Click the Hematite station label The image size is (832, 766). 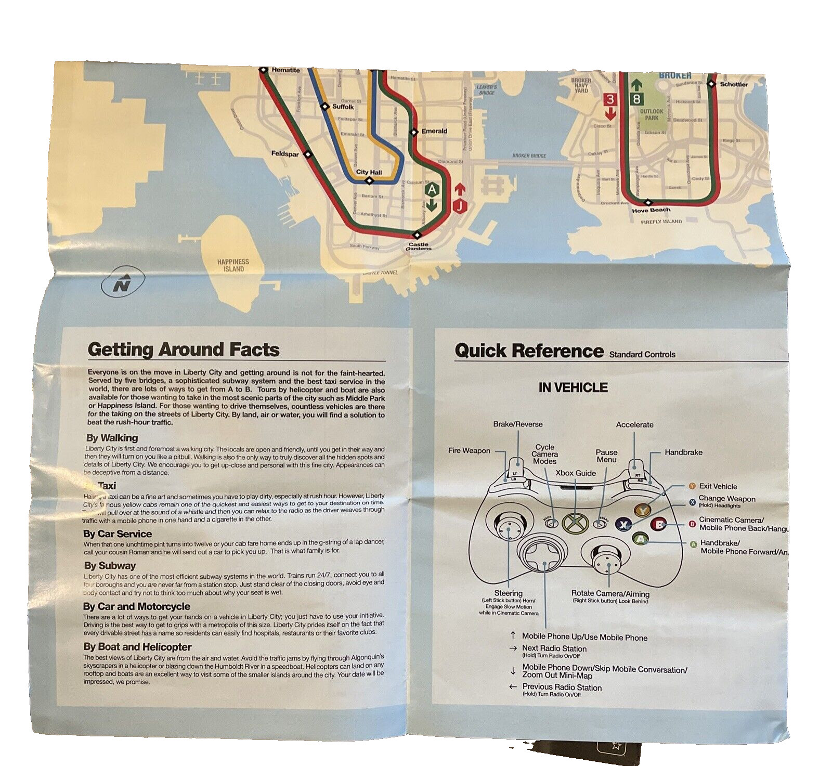coord(285,70)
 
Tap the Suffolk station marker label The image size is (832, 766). coord(343,107)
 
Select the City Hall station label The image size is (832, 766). coord(369,172)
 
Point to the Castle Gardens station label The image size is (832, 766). coord(419,246)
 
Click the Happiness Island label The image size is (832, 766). coord(233,265)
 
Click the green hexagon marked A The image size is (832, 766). coord(431,189)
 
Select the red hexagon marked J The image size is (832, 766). coord(460,206)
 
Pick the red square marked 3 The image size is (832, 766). coord(610,99)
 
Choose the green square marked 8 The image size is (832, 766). coord(636,99)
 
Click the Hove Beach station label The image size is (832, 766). coord(651,210)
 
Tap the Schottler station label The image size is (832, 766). coord(734,84)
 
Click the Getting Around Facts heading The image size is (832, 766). coord(184,349)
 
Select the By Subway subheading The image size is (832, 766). coord(110,565)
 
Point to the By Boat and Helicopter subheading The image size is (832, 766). coord(137,647)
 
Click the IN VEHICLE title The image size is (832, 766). coord(573,387)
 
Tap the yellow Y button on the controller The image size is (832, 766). coord(643,511)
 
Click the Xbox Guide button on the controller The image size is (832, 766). coord(574,522)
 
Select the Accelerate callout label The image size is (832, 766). coord(634,425)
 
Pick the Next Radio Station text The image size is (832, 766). coord(554,648)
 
